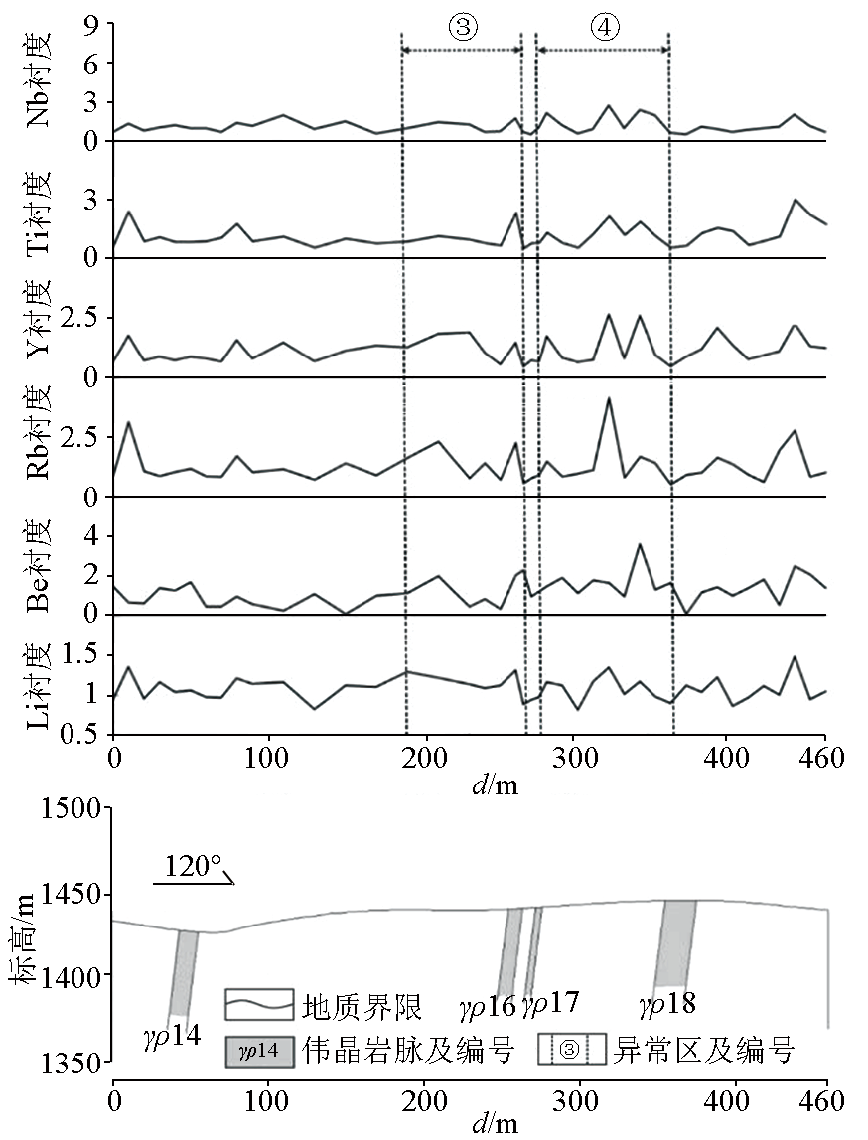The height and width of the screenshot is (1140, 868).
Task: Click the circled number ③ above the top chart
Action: tap(462, 28)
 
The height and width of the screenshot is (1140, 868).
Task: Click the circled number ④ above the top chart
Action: tap(603, 28)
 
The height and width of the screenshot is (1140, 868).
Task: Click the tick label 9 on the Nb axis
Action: tap(91, 25)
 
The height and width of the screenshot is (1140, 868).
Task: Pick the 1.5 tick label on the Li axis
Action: tap(80, 655)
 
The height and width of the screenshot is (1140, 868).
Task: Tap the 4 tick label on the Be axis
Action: tap(91, 537)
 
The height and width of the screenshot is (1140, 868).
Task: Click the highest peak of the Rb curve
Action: tap(608, 398)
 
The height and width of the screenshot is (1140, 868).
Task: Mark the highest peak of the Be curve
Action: tap(641, 544)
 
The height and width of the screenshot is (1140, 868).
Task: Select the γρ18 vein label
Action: tap(666, 1005)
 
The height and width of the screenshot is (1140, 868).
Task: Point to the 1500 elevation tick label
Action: tap(71, 809)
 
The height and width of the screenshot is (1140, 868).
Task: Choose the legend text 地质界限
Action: tap(362, 1007)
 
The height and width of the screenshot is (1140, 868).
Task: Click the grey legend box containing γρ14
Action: tap(259, 1050)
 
